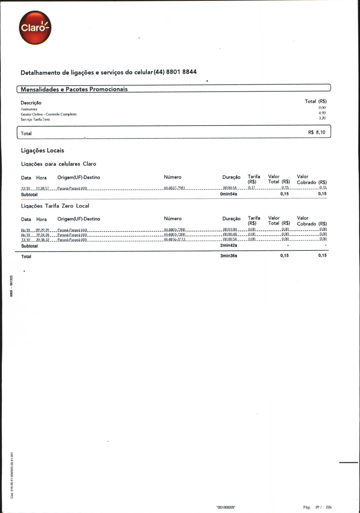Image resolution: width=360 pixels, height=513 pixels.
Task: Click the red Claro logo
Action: click(x=35, y=28)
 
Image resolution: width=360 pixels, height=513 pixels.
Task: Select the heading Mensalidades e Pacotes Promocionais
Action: click(x=74, y=89)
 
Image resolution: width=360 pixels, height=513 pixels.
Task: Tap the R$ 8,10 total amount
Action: click(x=316, y=132)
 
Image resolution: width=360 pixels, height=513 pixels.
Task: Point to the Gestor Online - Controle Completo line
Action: click(x=48, y=114)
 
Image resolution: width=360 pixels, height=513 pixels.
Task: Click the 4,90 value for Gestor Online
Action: click(x=322, y=113)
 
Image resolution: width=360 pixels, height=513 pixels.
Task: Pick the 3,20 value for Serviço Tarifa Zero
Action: click(x=322, y=118)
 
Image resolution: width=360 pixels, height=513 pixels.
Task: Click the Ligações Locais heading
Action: click(x=42, y=150)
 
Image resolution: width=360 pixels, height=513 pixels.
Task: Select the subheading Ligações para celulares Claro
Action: click(x=59, y=164)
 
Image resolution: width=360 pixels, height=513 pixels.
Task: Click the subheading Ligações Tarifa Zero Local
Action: click(x=55, y=206)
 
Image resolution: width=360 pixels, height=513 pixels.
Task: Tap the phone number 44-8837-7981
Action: click(x=174, y=188)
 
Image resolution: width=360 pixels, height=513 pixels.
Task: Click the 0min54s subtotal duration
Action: click(x=228, y=194)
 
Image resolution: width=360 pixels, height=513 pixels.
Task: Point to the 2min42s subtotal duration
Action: click(x=228, y=245)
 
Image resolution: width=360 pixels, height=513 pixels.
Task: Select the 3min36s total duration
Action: click(x=228, y=256)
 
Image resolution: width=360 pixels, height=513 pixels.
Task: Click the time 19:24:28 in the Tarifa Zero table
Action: click(x=43, y=235)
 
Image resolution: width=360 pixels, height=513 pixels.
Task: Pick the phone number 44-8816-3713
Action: click(x=175, y=239)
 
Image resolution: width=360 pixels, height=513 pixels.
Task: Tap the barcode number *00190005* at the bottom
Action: click(x=226, y=508)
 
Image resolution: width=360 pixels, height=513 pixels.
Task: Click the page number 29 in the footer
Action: click(x=317, y=507)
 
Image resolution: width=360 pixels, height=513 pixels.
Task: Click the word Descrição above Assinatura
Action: click(x=31, y=103)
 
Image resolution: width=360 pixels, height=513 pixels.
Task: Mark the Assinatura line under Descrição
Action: click(x=29, y=109)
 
